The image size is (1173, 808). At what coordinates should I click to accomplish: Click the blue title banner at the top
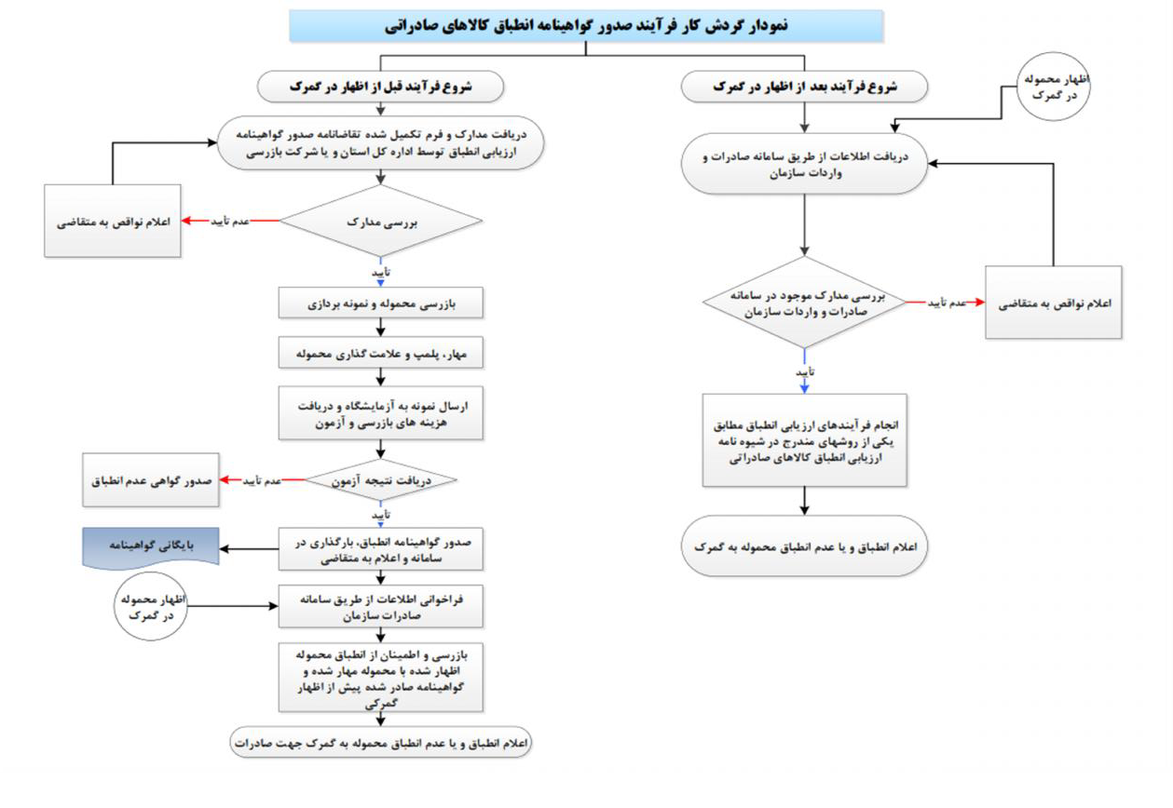coord(586,26)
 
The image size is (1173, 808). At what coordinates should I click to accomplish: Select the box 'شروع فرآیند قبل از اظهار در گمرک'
coord(380,87)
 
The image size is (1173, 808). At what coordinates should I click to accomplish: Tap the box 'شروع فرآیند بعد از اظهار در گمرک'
coord(804,87)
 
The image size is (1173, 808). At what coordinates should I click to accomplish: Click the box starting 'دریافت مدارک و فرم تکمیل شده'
coord(380,145)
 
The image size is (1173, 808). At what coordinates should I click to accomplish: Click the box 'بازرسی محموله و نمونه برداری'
coord(380,303)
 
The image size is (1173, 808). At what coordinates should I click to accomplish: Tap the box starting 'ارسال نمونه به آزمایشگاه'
coord(380,413)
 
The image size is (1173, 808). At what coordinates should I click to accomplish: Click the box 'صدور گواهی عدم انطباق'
coord(152,480)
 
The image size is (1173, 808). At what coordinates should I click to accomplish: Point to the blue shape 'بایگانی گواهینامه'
coord(152,547)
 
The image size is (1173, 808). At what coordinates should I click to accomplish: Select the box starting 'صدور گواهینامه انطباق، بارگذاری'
coord(380,548)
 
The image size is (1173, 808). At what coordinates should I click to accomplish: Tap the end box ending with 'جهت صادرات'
coord(380,743)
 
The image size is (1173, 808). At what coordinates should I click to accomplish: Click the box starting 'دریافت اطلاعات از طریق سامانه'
coord(804,165)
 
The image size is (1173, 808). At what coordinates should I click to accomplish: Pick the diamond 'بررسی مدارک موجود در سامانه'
coord(804,303)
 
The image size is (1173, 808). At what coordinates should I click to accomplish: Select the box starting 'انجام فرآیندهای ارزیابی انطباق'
coord(804,439)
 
